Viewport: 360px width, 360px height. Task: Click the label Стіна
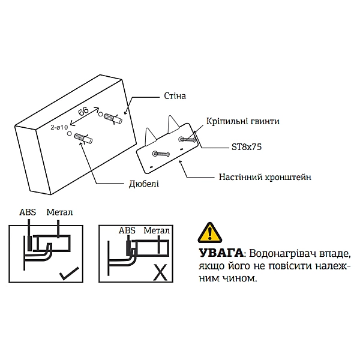(x=175, y=96)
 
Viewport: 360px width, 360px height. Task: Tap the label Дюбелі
(x=144, y=184)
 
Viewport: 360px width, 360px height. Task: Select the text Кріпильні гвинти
(x=243, y=121)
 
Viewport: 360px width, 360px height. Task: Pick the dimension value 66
(x=84, y=112)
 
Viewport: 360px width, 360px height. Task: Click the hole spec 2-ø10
(x=59, y=127)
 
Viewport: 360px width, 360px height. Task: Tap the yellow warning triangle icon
(x=209, y=232)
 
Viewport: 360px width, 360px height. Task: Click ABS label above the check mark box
(x=27, y=212)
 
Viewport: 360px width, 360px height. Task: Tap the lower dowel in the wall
(x=85, y=140)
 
